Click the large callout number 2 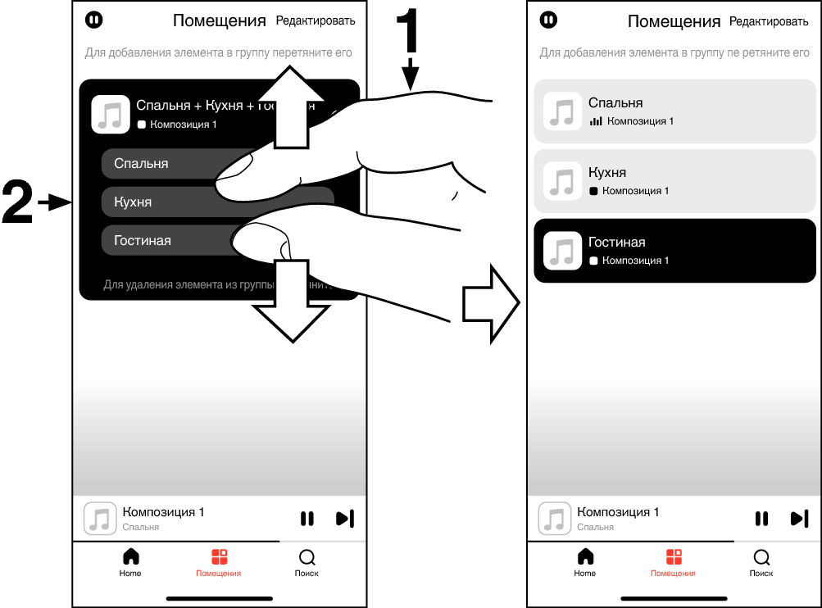point(18,202)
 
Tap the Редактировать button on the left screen point(316,20)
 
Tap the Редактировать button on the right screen point(769,21)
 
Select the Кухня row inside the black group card point(156,202)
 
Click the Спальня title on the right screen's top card point(615,103)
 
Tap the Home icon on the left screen point(130,557)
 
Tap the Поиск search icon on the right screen point(761,557)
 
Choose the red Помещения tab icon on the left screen point(219,557)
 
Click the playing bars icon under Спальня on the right point(596,121)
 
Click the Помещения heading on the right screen point(674,21)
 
